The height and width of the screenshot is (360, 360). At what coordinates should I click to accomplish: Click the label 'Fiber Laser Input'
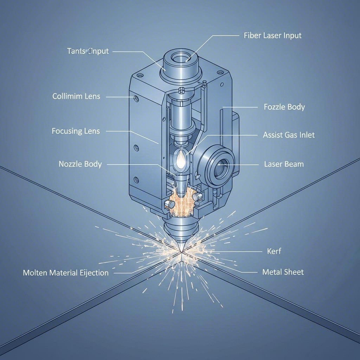[x=272, y=36]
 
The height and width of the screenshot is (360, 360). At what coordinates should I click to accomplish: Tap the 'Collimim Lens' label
[x=76, y=96]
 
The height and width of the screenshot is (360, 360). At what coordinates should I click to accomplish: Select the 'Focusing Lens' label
[x=76, y=131]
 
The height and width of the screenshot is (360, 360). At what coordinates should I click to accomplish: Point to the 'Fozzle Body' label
[x=284, y=107]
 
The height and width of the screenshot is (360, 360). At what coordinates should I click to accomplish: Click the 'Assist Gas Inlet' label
[x=289, y=135]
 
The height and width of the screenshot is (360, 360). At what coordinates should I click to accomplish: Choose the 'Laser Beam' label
[x=284, y=164]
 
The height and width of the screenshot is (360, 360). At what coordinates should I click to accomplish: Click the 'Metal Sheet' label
[x=283, y=272]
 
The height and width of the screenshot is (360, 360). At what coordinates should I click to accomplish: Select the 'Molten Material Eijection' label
[x=66, y=272]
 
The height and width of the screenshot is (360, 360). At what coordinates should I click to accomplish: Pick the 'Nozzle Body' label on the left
[x=80, y=164]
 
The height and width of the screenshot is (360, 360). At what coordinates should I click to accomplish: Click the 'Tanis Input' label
[x=88, y=51]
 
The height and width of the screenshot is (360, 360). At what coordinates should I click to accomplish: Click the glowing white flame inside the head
[x=180, y=160]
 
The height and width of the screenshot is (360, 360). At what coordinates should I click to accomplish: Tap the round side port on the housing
[x=220, y=165]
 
